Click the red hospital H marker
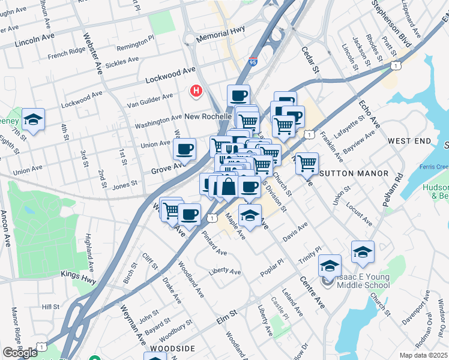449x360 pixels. coord(196,91)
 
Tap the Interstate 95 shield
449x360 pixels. coord(253,62)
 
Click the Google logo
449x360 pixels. coord(20,353)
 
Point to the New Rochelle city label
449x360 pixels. coord(208,116)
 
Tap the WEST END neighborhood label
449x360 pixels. coord(409,140)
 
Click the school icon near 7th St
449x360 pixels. coord(34,119)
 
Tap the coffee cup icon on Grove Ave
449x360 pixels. coord(184,149)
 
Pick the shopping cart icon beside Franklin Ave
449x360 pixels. coord(307,163)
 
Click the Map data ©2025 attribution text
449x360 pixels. coord(423,355)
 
